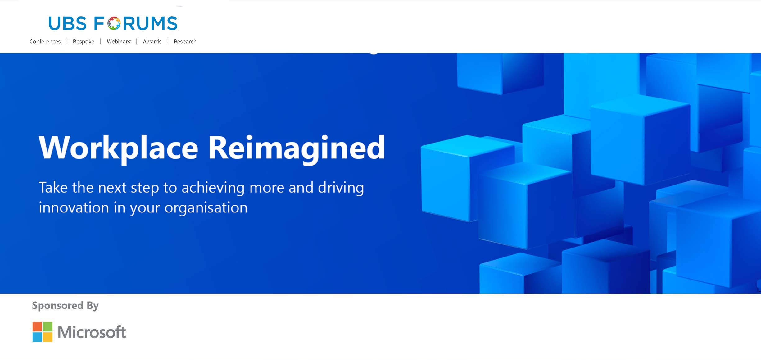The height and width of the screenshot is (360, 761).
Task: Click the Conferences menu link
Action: [x=45, y=42]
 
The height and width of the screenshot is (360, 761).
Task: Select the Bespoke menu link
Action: [x=84, y=42]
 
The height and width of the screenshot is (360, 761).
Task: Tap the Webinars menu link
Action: [x=119, y=42]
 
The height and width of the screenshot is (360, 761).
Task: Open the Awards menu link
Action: [x=152, y=42]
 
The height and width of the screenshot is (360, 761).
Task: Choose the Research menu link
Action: [x=185, y=42]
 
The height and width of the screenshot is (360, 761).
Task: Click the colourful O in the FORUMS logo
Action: [x=114, y=23]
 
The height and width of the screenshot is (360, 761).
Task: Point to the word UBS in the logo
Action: [x=67, y=24]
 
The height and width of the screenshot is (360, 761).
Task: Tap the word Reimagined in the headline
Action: [x=297, y=149]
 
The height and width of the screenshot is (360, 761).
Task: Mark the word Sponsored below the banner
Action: [x=58, y=306]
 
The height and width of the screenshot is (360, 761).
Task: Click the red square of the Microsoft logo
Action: [x=37, y=326]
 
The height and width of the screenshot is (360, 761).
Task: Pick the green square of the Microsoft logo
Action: [x=48, y=326]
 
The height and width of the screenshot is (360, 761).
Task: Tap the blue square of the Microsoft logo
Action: [x=37, y=337]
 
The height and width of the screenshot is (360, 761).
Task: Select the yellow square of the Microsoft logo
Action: [x=48, y=337]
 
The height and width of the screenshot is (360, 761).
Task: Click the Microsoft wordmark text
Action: [x=92, y=332]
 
